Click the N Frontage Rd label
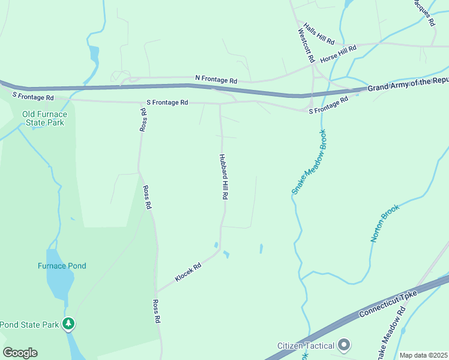pos(216,79)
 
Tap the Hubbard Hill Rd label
pos(223,176)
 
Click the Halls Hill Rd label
pos(319,34)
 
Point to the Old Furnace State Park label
pos(45,118)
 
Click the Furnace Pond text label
pos(62,266)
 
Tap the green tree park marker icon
pos(69,325)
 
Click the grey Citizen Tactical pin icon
pos(344,345)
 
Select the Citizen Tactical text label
pos(306,346)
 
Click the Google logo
pos(20,353)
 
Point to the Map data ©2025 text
pos(423,355)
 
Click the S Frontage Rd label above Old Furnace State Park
pos(33,97)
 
